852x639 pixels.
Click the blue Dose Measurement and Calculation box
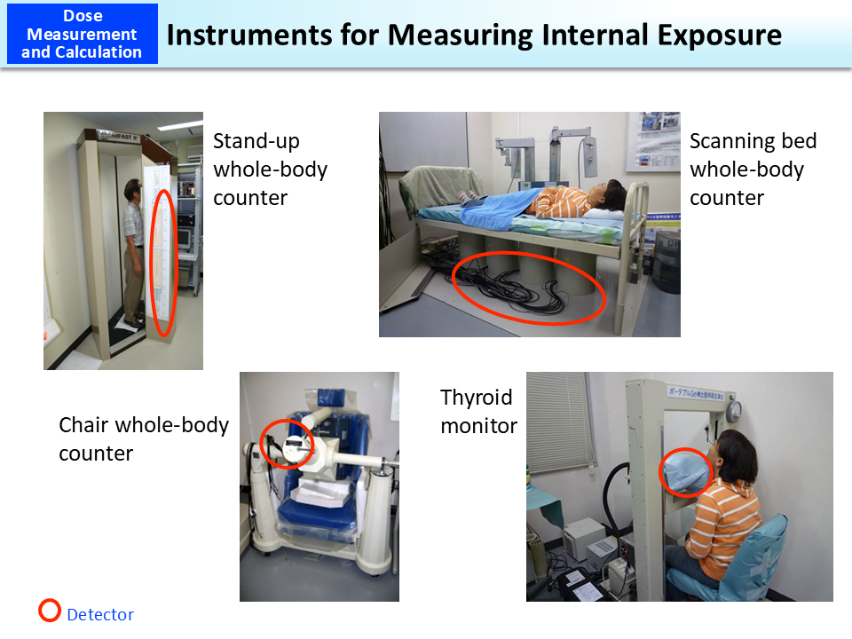pos(82,34)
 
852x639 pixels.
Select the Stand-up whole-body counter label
pos(270,170)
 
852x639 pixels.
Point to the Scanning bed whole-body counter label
pos(753,170)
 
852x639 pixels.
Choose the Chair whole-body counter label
pos(144,439)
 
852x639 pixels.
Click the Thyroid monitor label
pos(478,412)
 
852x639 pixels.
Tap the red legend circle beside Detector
pos(51,611)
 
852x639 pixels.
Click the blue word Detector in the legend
pos(100,615)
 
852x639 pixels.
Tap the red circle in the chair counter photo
pos(287,445)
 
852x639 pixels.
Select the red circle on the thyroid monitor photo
pos(685,471)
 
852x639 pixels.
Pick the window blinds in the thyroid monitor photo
pos(557,425)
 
